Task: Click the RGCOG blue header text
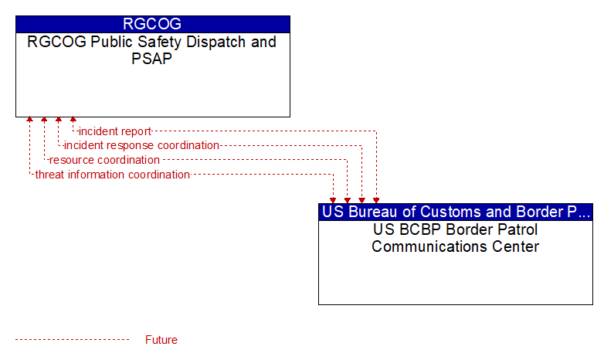152,24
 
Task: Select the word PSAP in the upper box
151,59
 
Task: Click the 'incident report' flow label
115,131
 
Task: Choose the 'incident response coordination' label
141,145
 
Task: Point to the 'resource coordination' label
104,160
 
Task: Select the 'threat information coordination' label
113,175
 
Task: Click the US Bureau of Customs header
456,212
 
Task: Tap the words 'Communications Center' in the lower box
455,246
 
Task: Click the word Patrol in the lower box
517,229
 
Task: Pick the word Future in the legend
161,340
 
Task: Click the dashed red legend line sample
73,340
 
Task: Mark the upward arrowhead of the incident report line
73,120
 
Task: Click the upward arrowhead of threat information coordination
29,120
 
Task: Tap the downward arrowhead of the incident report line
376,200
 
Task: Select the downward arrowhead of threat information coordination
333,200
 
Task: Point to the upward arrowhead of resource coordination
44,120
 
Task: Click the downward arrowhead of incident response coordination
361,200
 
